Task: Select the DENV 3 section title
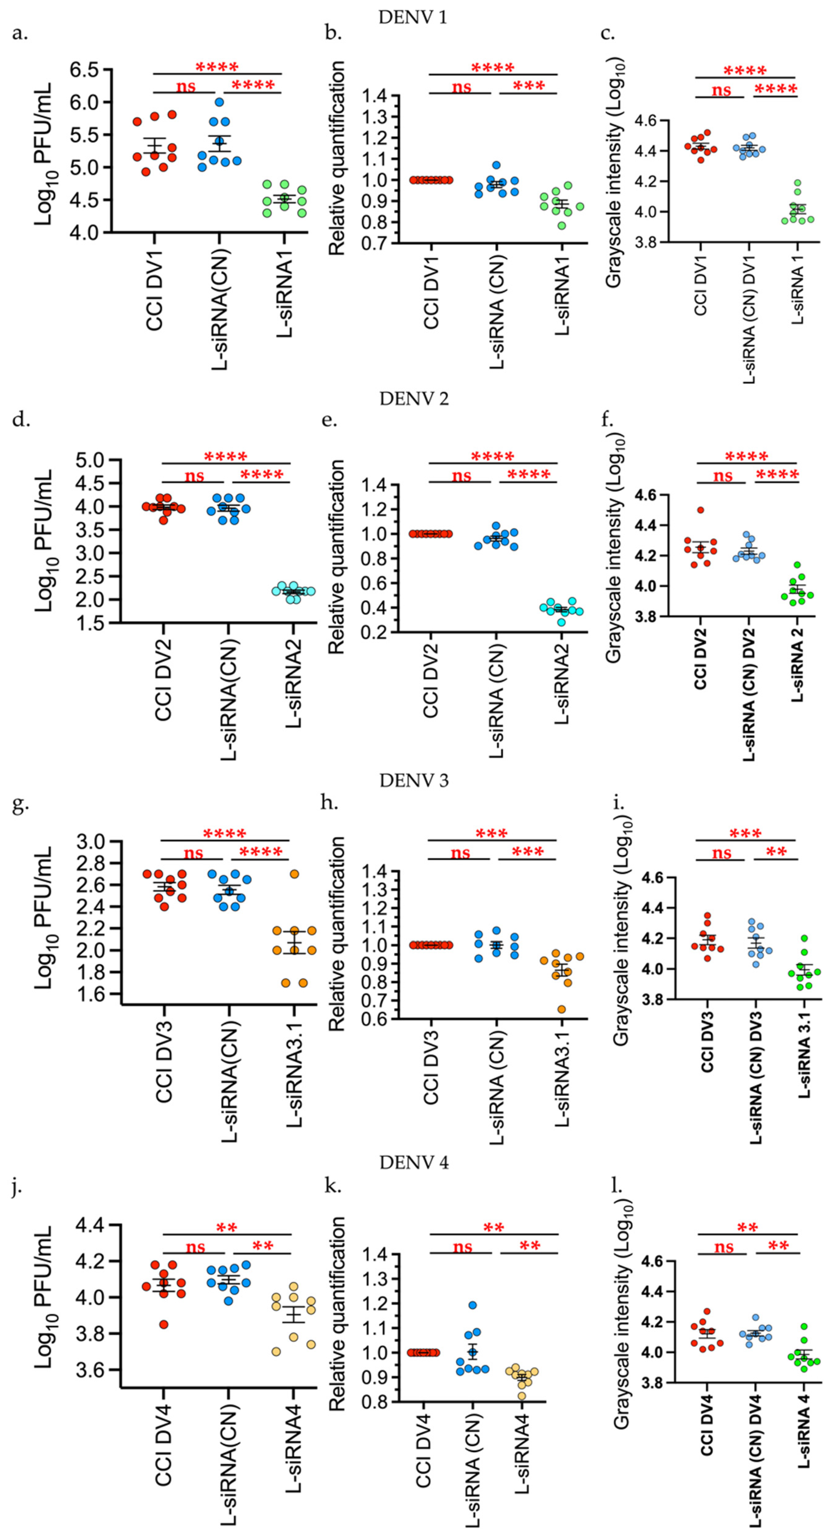[414, 780]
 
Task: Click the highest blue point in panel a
[219, 102]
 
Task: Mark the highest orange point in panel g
[294, 874]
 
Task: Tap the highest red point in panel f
[701, 510]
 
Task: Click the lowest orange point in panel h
[561, 1010]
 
